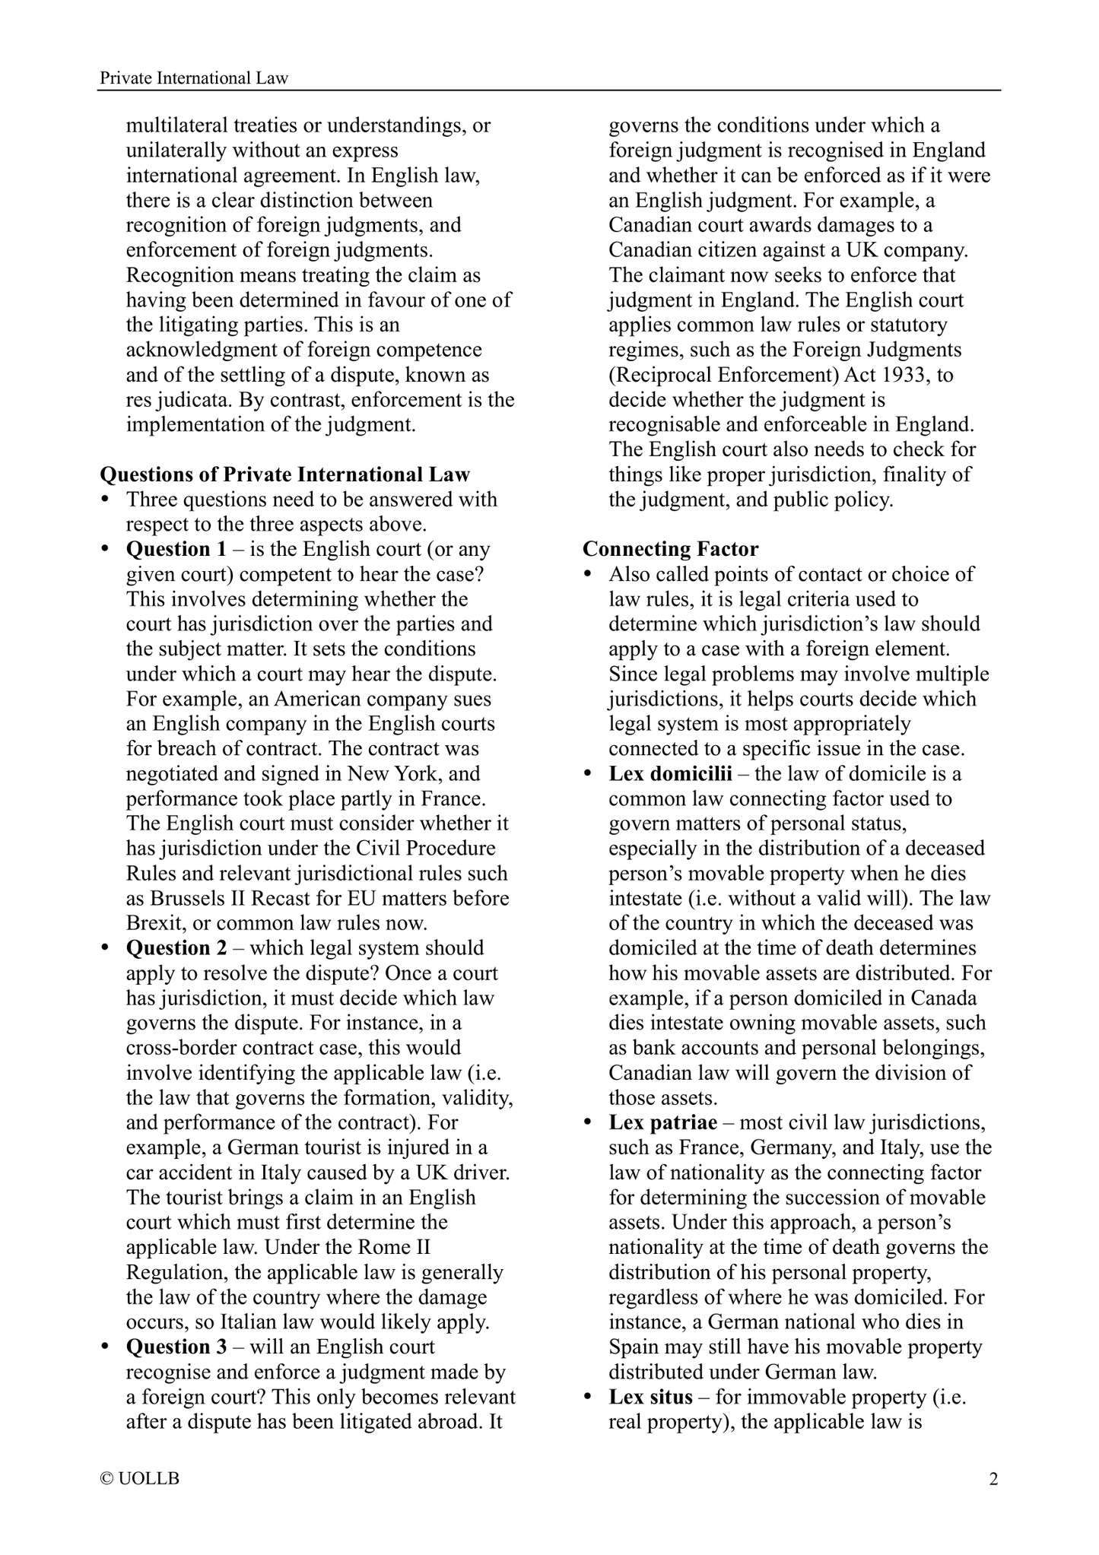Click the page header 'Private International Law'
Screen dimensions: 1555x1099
(x=195, y=78)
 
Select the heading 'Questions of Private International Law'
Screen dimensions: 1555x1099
(x=285, y=474)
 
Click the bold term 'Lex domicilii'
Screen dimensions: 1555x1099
(x=670, y=774)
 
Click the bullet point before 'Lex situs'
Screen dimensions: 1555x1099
(x=588, y=1398)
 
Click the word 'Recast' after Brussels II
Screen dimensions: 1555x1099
(x=285, y=898)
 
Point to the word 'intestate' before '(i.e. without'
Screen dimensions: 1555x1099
(x=646, y=898)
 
